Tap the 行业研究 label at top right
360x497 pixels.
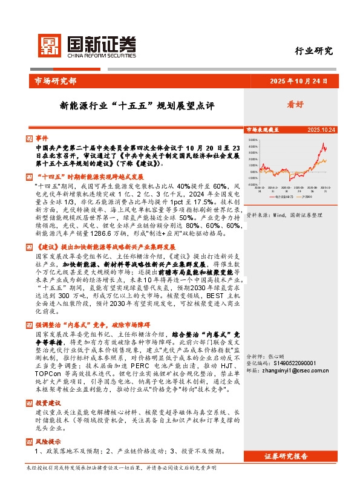(313, 51)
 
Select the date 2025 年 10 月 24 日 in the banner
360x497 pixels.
(299, 80)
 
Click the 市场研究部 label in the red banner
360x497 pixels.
(52, 80)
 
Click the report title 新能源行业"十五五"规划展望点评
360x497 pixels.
(137, 105)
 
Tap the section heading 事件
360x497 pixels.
(41, 138)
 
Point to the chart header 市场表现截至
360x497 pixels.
(261, 130)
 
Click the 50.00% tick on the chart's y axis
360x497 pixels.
(253, 138)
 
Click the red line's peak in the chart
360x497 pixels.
(325, 145)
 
